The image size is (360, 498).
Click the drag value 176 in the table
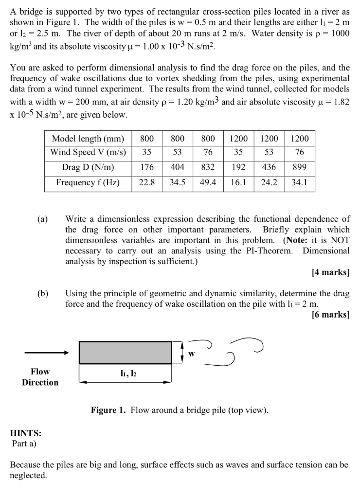(147, 168)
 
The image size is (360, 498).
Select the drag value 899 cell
(300, 168)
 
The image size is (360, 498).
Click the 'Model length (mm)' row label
(88, 138)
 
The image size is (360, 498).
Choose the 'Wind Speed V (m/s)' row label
(88, 152)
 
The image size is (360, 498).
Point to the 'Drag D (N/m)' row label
(88, 168)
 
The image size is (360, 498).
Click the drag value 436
(269, 168)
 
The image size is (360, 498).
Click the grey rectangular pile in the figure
(125, 352)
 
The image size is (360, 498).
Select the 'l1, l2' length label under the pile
(125, 374)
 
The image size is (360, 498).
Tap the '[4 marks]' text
(330, 272)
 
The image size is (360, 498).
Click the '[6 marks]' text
(330, 315)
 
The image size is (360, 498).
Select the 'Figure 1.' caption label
(108, 410)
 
